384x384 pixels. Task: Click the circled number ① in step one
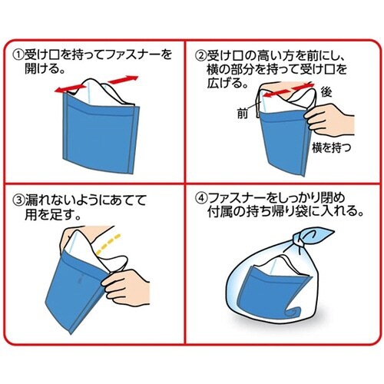coord(18,55)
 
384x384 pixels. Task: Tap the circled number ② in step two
coord(201,55)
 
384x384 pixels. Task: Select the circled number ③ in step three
coord(18,200)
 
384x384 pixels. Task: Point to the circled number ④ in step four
coord(201,197)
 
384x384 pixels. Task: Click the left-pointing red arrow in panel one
coord(71,88)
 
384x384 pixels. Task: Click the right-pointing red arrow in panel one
coord(123,79)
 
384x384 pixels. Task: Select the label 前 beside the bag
coord(242,113)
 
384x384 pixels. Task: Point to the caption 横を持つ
coord(331,147)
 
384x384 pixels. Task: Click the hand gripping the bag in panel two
coord(329,120)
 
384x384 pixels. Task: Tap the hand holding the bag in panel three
coord(125,286)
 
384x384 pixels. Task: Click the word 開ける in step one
coord(41,68)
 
